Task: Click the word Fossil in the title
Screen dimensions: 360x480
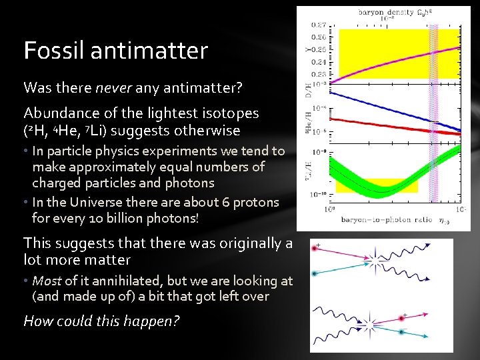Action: [51, 51]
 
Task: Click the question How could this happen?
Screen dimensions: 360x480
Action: [101, 321]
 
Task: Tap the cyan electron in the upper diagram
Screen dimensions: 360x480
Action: [315, 273]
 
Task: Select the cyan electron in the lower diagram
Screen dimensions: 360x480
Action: [401, 331]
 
